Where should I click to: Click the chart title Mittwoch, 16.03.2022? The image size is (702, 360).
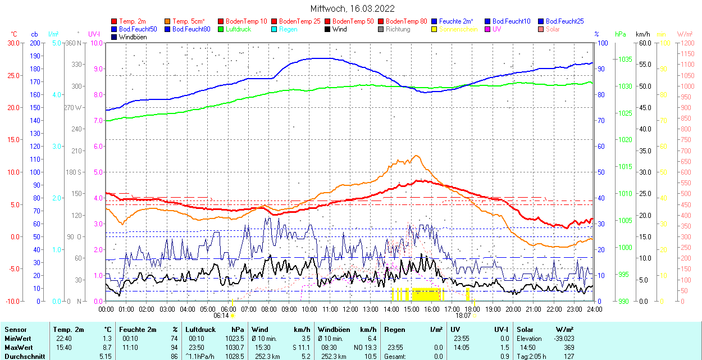click(352, 8)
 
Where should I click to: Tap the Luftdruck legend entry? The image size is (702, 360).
click(238, 29)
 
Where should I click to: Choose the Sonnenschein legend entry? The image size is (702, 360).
click(458, 29)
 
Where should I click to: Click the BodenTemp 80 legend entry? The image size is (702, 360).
click(406, 21)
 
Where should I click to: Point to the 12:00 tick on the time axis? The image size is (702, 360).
click(350, 309)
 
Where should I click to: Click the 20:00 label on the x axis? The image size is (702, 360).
click(513, 309)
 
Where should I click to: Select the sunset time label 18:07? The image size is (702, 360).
click(463, 316)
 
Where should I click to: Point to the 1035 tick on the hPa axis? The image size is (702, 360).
click(625, 60)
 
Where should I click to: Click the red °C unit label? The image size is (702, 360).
click(14, 34)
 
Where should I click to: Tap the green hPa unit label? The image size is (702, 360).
click(621, 34)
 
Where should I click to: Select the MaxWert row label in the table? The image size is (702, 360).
click(18, 348)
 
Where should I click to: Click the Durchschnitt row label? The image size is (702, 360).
click(22, 356)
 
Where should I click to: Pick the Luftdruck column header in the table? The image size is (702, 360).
click(200, 330)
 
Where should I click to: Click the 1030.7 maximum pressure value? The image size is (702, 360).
click(235, 348)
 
